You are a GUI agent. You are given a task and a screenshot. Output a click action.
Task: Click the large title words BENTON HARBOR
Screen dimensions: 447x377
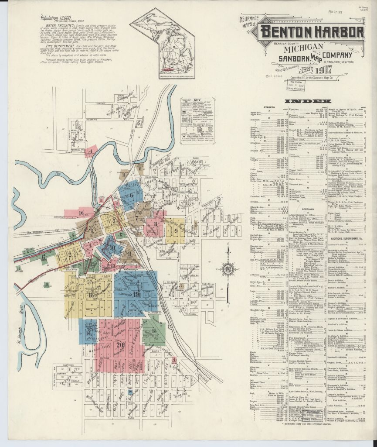[312, 32]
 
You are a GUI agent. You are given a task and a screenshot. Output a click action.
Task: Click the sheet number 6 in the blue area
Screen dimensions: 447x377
[131, 195]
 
